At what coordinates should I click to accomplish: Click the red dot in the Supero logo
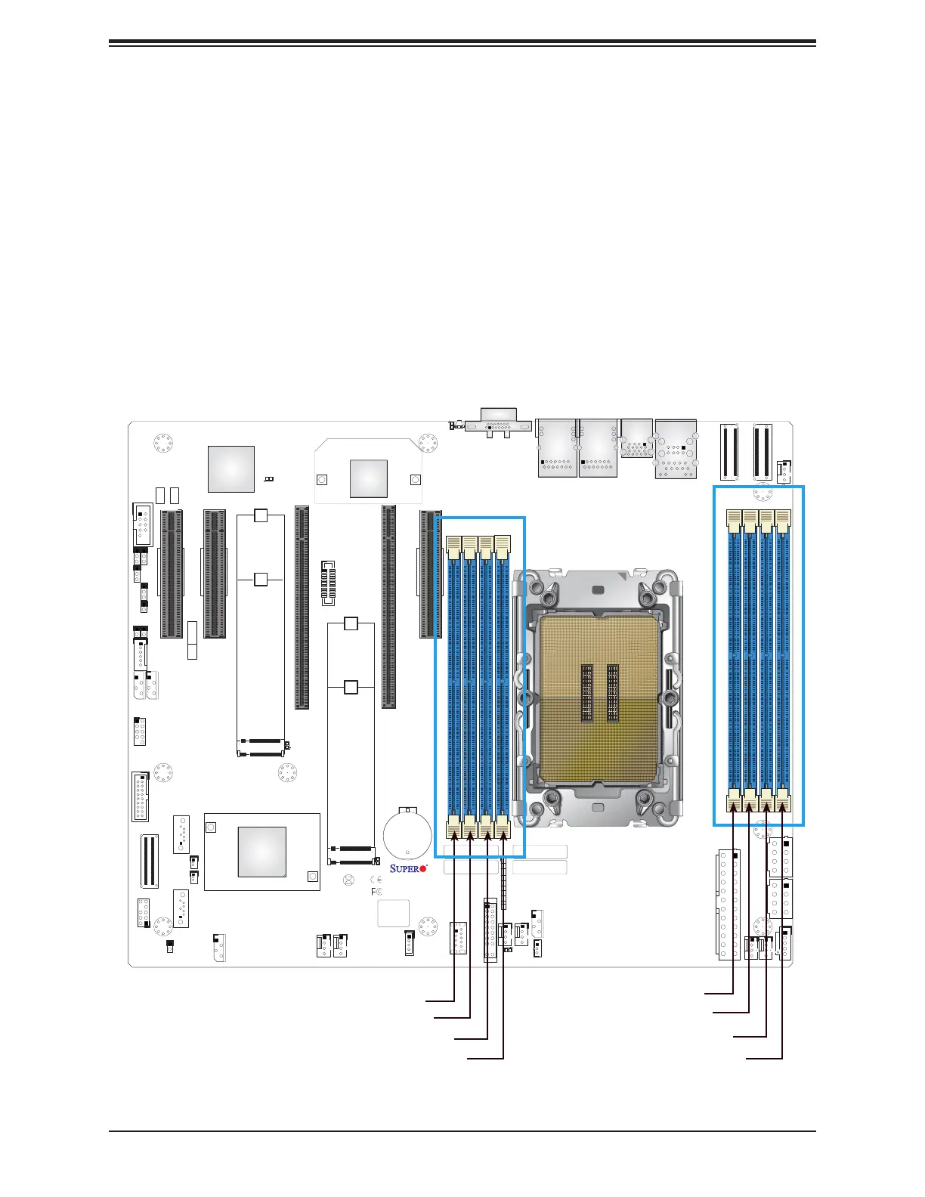tap(422, 868)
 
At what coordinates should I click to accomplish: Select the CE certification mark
tap(376, 880)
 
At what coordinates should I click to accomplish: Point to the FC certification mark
tap(376, 892)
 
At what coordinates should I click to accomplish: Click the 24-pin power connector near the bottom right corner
tap(727, 904)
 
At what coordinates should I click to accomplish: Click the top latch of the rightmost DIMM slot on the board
tap(784, 518)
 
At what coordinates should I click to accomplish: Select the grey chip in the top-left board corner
tap(230, 469)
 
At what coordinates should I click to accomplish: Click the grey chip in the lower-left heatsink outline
tap(261, 852)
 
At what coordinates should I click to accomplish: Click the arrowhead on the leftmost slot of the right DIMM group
tap(733, 807)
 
